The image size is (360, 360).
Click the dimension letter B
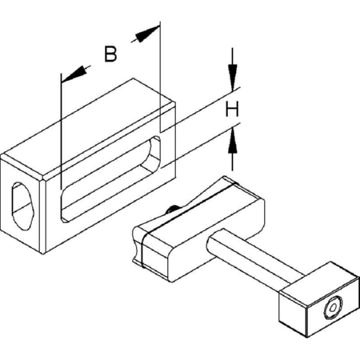coord(110,54)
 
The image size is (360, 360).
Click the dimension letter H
coord(232,110)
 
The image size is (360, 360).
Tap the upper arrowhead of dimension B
coord(146,34)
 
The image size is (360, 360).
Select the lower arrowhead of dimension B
coord(74,74)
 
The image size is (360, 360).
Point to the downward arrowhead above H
coord(233,78)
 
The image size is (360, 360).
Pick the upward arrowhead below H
coord(233,141)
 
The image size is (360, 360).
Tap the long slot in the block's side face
coord(110,179)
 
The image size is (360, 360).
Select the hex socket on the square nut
coord(333,308)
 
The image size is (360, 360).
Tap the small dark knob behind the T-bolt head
coord(172,210)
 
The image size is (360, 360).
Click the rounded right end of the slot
coord(154,154)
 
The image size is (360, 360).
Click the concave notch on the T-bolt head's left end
coord(137,244)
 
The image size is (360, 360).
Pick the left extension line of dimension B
coord(62,131)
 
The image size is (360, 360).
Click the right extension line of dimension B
coord(160,77)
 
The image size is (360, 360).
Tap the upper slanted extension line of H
coord(201,110)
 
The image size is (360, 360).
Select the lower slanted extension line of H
coord(201,146)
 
